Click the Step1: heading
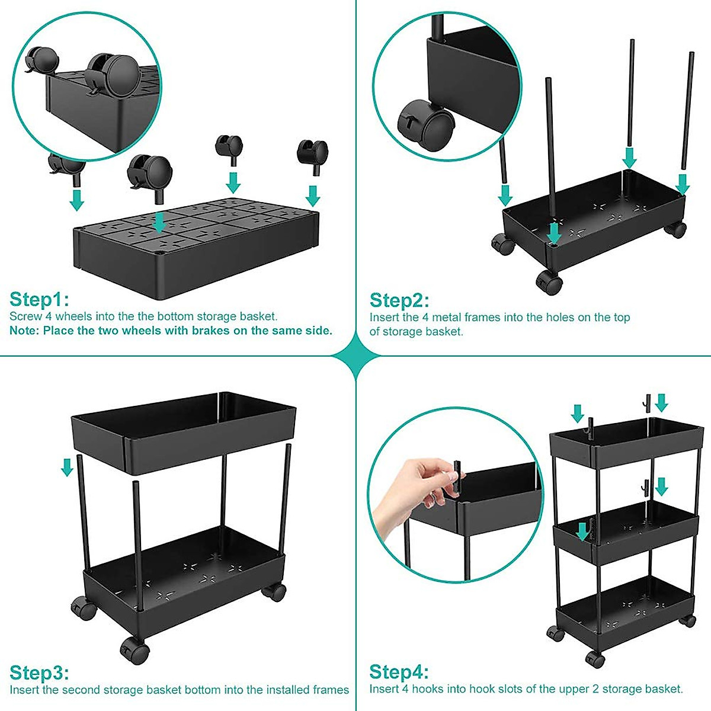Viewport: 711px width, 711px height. click(39, 299)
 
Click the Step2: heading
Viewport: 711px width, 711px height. click(399, 300)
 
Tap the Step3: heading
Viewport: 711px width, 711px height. click(39, 673)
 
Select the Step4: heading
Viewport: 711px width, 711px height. click(399, 672)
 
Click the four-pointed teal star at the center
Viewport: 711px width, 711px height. click(355, 356)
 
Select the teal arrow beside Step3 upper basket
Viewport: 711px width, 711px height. click(68, 466)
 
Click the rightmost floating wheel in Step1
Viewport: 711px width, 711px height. click(312, 153)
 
